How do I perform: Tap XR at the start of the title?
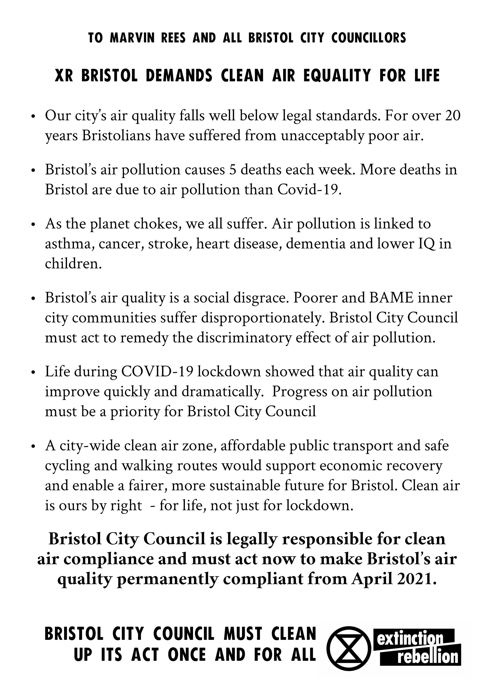pyautogui.click(x=64, y=76)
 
